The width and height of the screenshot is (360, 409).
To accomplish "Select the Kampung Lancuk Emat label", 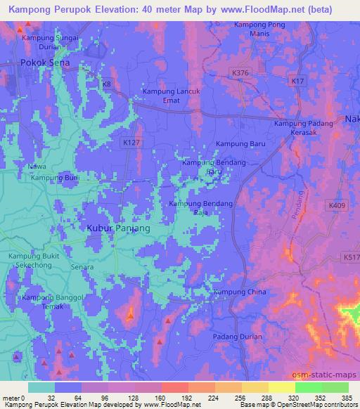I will [x=172, y=96].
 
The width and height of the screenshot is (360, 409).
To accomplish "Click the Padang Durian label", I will [x=238, y=337].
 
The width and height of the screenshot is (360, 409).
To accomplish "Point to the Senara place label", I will [x=83, y=267].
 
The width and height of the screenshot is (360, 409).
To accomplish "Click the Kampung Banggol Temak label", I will [x=53, y=302].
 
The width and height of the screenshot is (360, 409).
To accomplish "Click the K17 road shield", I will [x=297, y=82].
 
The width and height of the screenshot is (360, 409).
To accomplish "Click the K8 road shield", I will [x=107, y=84].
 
